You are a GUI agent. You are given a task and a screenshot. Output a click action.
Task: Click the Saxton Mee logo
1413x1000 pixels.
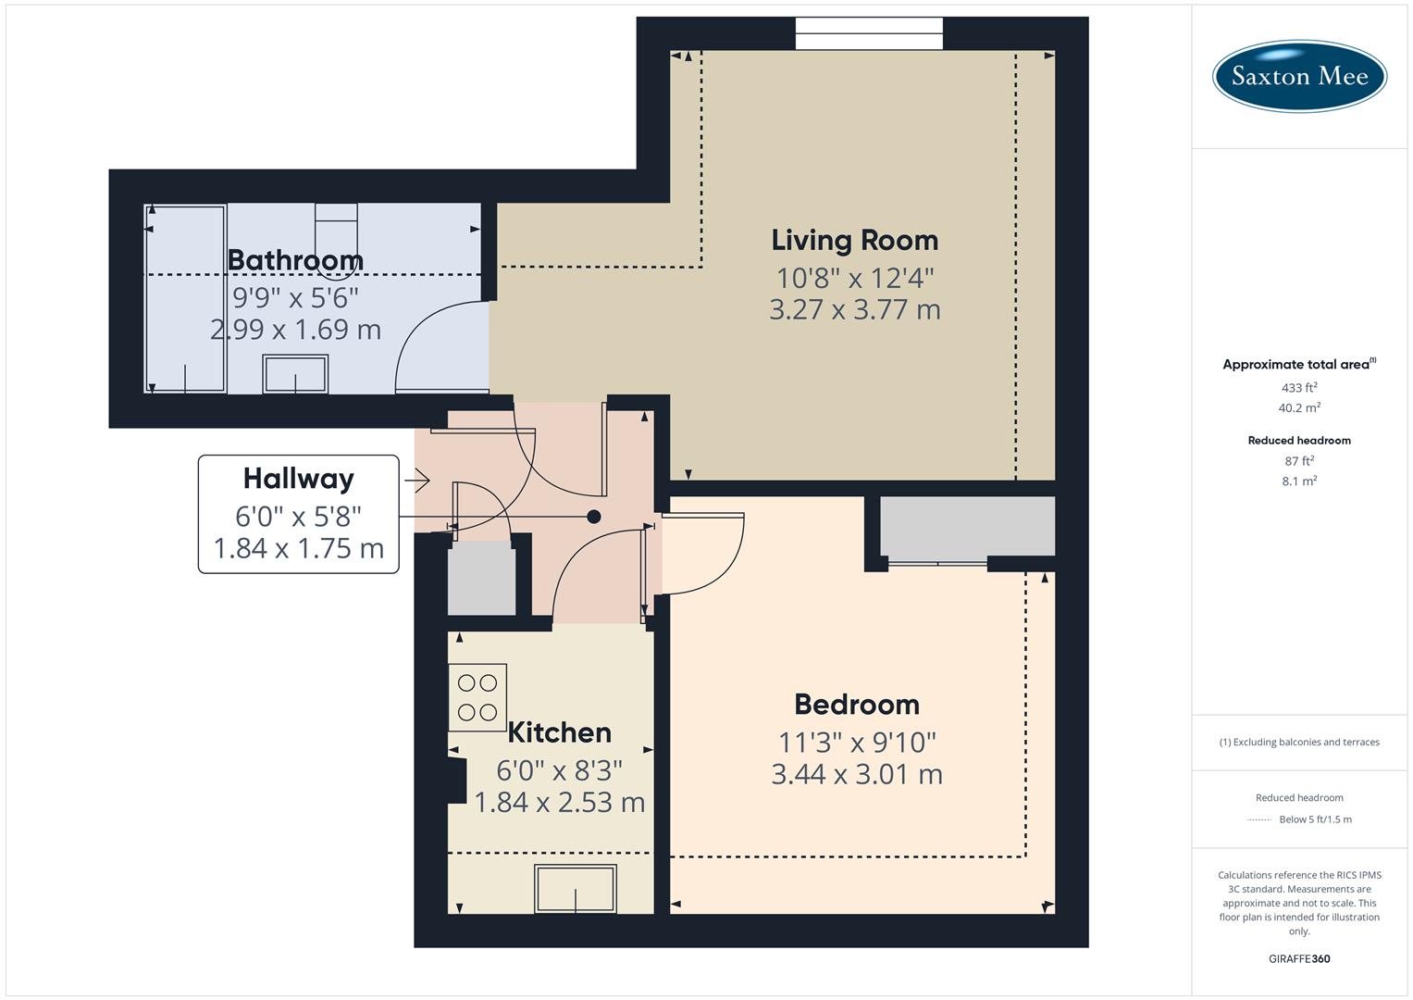click(1299, 75)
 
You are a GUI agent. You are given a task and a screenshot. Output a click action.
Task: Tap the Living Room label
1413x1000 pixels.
click(854, 240)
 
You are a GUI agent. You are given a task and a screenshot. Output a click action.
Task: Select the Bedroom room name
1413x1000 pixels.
click(856, 704)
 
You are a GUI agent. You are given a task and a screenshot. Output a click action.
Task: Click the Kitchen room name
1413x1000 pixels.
click(559, 732)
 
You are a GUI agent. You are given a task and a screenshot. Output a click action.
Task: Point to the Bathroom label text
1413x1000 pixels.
click(295, 259)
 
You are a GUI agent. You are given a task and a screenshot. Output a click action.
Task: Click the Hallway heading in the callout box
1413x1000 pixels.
click(298, 478)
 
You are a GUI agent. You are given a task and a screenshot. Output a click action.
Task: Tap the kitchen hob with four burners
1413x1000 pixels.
click(477, 697)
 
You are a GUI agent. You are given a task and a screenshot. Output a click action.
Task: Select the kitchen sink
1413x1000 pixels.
click(576, 888)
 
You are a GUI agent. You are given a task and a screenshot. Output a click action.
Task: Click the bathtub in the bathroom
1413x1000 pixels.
click(186, 298)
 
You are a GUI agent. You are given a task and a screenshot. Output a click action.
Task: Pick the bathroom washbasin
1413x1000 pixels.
click(295, 375)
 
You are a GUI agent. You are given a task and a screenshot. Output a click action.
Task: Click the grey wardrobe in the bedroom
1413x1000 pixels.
click(967, 526)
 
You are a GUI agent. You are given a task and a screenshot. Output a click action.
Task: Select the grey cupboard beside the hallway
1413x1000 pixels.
click(481, 581)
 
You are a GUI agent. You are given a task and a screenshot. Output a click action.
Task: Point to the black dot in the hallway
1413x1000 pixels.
click(594, 517)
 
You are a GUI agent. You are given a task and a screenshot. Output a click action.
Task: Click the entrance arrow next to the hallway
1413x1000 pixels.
click(417, 481)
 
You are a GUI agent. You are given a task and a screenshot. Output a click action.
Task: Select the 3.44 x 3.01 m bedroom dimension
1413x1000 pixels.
click(856, 774)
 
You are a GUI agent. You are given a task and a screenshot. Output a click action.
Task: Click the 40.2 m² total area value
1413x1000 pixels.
click(1299, 407)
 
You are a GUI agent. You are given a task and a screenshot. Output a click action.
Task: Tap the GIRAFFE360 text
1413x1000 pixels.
click(1299, 958)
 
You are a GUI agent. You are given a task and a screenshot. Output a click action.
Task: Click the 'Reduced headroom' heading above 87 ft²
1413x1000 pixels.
click(1299, 440)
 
